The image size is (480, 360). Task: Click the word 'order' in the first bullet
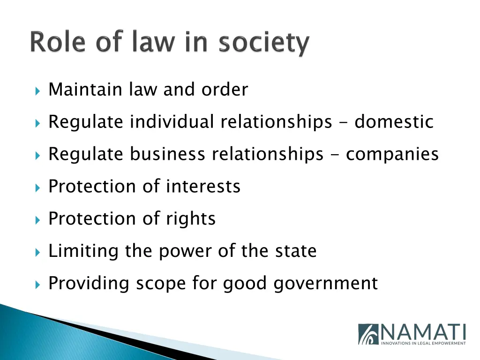pyautogui.click(x=225, y=89)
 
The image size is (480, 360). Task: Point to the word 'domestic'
pyautogui.click(x=394, y=122)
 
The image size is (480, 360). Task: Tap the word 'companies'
pyautogui.click(x=392, y=155)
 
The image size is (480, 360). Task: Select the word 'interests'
pyautogui.click(x=203, y=187)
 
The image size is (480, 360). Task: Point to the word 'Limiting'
pyautogui.click(x=83, y=251)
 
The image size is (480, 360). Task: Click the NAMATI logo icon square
pyautogui.click(x=368, y=334)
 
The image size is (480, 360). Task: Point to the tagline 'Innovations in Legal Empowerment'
pyautogui.click(x=423, y=343)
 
